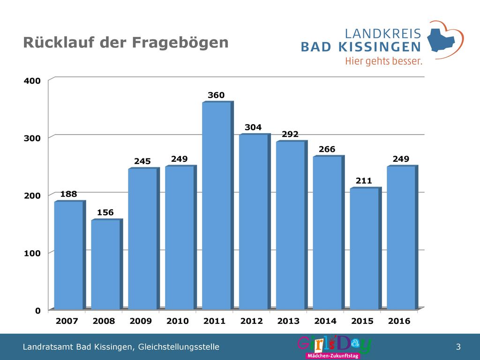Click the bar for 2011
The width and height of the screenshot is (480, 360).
tap(217, 205)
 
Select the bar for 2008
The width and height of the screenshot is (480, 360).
tap(107, 264)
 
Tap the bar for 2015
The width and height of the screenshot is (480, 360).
tap(366, 248)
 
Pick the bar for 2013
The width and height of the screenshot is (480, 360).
tap(292, 225)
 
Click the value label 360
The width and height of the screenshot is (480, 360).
tap(216, 95)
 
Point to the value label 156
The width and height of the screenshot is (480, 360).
tap(105, 212)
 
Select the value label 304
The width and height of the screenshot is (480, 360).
tap(253, 127)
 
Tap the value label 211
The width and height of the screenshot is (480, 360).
tap(364, 181)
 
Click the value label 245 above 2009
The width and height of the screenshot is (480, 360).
tap(142, 161)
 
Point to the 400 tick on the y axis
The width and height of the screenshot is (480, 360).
tap(32, 81)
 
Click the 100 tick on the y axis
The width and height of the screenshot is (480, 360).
tap(32, 254)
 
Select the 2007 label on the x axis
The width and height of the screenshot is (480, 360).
tap(67, 321)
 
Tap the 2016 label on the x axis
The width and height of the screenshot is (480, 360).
tap(399, 321)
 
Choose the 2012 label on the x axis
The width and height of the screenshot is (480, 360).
tap(251, 321)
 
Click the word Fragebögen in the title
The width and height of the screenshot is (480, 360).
tap(180, 43)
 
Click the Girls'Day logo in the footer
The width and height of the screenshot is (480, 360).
tap(334, 347)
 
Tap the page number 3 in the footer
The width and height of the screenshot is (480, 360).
tap(458, 347)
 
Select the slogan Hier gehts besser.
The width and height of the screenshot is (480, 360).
tap(383, 61)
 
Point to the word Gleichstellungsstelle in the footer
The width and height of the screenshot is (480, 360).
tap(179, 347)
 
